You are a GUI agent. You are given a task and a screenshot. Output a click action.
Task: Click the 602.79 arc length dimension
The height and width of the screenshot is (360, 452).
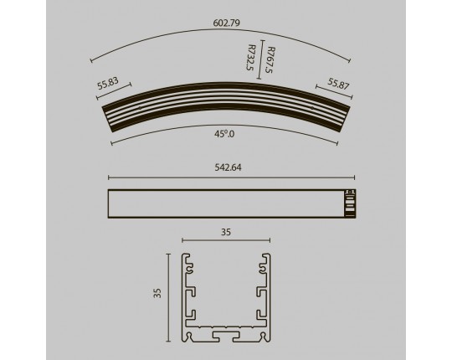(x=226, y=23)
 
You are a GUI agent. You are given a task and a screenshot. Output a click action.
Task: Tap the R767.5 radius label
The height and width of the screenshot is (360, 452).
(x=271, y=60)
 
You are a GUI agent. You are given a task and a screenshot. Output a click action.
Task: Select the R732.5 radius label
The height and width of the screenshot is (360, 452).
(x=251, y=58)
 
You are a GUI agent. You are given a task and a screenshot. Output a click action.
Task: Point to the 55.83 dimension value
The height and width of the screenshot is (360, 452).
(x=108, y=83)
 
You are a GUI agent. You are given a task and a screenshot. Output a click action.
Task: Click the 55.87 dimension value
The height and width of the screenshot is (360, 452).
(x=338, y=84)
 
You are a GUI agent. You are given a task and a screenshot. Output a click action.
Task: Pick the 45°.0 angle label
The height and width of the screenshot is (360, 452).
(x=224, y=134)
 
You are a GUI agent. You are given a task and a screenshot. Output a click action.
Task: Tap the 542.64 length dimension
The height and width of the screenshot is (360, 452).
(x=228, y=167)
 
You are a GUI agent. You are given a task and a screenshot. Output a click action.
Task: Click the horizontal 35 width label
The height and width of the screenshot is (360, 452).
(x=226, y=232)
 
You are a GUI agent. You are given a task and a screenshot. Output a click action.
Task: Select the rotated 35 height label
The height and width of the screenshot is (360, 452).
(x=157, y=293)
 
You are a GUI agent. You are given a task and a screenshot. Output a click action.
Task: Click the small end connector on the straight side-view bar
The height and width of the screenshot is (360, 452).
(x=350, y=203)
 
